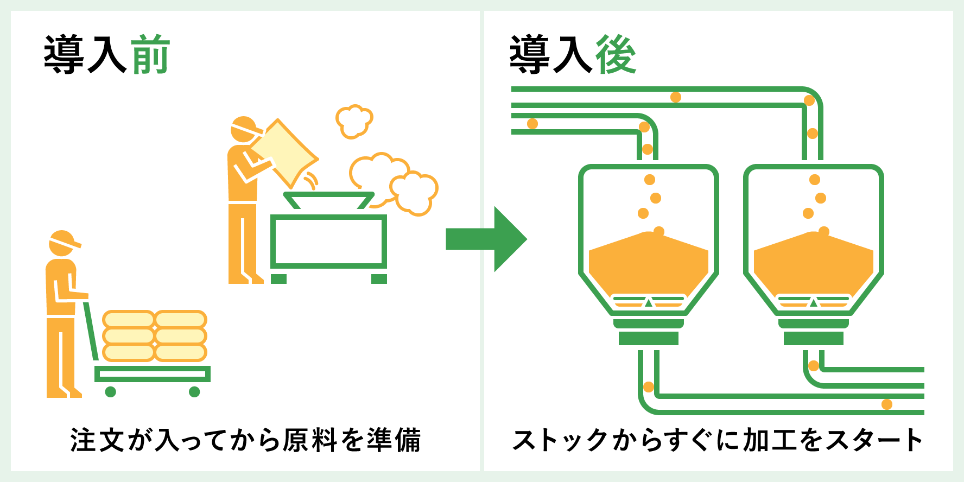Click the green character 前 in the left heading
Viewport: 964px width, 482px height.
pos(151,54)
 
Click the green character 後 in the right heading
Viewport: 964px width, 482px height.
pos(616,54)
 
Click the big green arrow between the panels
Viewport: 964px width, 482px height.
pos(486,239)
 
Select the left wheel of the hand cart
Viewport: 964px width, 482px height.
pos(111,391)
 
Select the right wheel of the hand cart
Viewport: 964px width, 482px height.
pos(194,391)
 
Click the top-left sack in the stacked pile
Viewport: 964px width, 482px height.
pos(129,319)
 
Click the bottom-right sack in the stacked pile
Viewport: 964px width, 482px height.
pos(181,353)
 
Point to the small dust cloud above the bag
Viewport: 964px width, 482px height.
pos(354,121)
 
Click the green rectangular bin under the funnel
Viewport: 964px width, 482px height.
pos(328,241)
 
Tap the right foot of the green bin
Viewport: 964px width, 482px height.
pos(379,279)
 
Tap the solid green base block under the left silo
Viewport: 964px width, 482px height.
pos(648,339)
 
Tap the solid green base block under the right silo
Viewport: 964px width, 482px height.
pos(813,339)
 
